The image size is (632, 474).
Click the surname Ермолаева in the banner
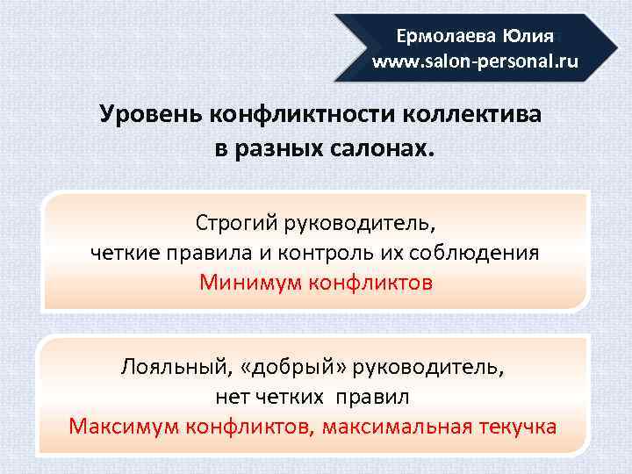tap(446, 37)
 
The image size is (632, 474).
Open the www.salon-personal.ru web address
tap(475, 62)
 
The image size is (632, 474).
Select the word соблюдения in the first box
tap(488, 253)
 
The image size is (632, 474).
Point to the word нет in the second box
tap(234, 397)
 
